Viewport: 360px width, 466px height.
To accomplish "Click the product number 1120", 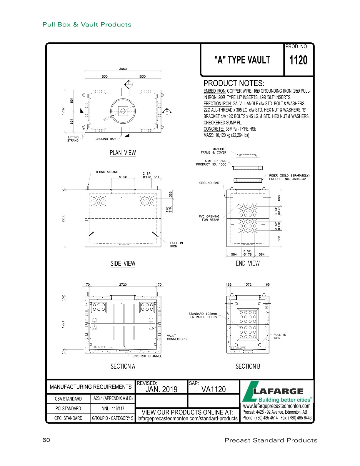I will [x=298, y=60].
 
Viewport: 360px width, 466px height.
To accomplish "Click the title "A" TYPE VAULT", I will [x=242, y=60].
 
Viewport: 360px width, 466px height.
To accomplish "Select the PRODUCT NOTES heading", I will [x=234, y=83].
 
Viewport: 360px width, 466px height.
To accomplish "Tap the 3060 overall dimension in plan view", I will [x=123, y=69].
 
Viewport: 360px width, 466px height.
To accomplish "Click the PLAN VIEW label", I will [x=123, y=153].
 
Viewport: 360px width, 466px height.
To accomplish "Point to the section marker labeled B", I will [x=129, y=84].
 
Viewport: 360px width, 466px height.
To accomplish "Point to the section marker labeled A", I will [x=167, y=111].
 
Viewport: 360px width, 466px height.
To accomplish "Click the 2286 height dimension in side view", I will [x=63, y=218].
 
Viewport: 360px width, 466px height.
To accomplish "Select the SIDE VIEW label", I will [x=123, y=263].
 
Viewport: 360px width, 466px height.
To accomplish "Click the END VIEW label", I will [x=248, y=263].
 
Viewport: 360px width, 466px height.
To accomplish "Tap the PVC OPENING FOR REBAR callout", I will [x=209, y=218].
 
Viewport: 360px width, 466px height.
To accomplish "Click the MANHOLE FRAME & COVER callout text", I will [x=214, y=151].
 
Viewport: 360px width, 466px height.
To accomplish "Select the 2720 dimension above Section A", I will [x=123, y=284].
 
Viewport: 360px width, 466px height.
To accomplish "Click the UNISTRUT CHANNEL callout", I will [x=147, y=356].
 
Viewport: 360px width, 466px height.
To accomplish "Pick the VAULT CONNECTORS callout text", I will [x=176, y=337].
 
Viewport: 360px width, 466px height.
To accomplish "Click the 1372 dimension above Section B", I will [x=248, y=284].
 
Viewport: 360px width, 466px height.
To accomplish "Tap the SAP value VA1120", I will [x=214, y=389].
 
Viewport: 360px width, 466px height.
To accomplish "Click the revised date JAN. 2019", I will [x=161, y=389].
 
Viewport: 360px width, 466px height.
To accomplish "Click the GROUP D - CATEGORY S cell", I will [x=113, y=418].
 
